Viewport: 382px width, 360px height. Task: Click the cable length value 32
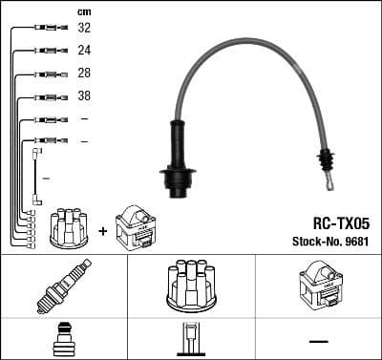click(x=84, y=30)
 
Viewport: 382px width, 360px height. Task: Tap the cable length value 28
click(x=84, y=74)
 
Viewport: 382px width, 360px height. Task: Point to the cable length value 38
click(x=84, y=96)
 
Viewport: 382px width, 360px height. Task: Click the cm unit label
click(x=83, y=11)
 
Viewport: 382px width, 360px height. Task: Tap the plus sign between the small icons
click(x=102, y=230)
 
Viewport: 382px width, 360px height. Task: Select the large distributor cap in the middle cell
click(x=191, y=284)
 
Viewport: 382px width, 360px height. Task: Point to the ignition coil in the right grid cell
click(x=318, y=284)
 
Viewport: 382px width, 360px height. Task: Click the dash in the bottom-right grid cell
click(x=318, y=341)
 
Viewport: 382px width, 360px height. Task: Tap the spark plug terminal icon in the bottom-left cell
click(x=63, y=340)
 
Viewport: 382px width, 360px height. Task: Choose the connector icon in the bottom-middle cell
click(x=191, y=340)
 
